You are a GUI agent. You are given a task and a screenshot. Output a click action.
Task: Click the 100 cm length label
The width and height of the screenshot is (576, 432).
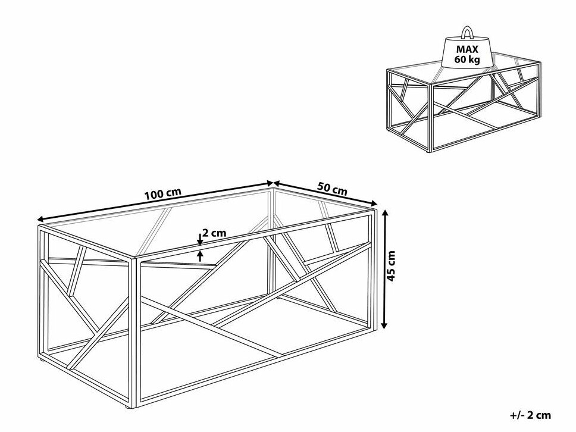pyautogui.click(x=161, y=195)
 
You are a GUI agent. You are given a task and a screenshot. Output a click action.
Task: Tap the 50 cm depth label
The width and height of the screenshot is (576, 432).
pyautogui.click(x=331, y=189)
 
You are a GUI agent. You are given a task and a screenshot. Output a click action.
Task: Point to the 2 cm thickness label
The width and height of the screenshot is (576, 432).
pyautogui.click(x=214, y=233)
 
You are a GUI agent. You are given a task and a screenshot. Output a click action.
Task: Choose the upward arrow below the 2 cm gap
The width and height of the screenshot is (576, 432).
pyautogui.click(x=200, y=255)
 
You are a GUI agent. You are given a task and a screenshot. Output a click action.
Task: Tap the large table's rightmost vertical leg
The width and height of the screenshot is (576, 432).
pyautogui.click(x=374, y=268)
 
